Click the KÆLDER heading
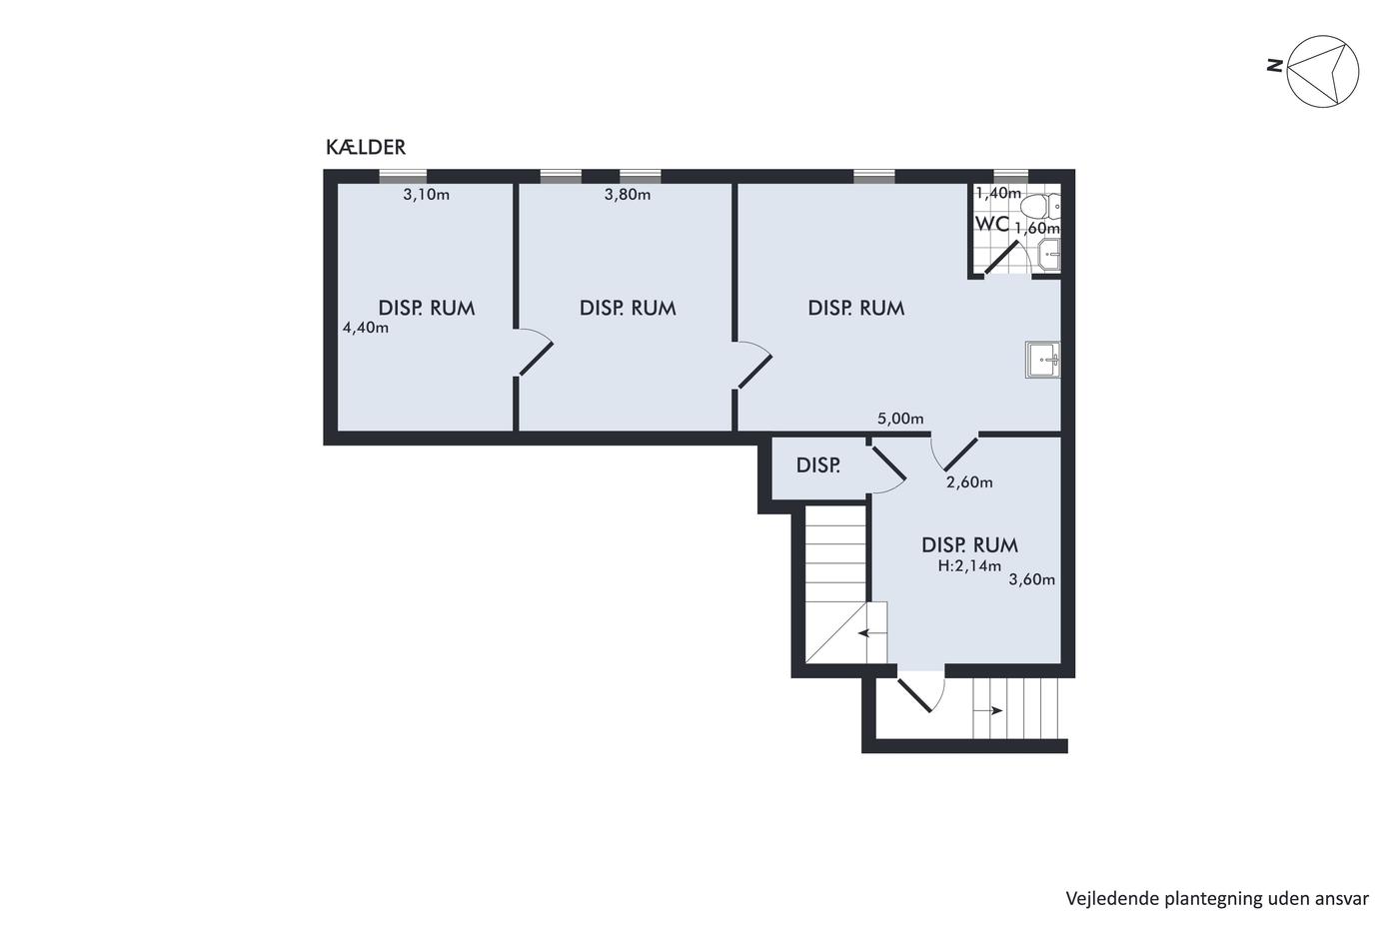(366, 147)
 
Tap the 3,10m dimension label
(426, 195)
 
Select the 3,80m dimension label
(628, 195)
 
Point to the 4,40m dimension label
(366, 327)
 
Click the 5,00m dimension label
(900, 419)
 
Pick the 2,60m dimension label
(969, 482)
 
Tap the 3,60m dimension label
(1031, 580)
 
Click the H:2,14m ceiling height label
(969, 566)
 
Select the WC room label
(991, 224)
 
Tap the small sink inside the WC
(1049, 256)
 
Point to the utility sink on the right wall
(1043, 360)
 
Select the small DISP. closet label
(818, 466)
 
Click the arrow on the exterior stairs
(988, 710)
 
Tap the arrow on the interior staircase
(872, 633)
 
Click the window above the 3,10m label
(403, 176)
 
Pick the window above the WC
(1011, 176)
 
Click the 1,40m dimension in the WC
(998, 194)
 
